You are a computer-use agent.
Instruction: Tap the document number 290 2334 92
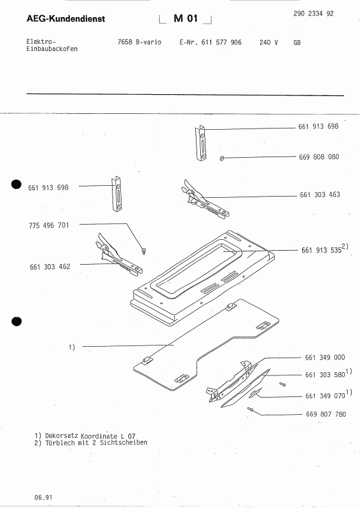(x=314, y=14)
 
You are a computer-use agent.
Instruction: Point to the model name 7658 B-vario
(x=139, y=43)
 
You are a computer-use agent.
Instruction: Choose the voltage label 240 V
(x=269, y=43)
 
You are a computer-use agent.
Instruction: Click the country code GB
(x=297, y=43)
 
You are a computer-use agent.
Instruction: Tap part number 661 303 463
(x=319, y=195)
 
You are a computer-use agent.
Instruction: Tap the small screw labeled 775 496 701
(x=145, y=249)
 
